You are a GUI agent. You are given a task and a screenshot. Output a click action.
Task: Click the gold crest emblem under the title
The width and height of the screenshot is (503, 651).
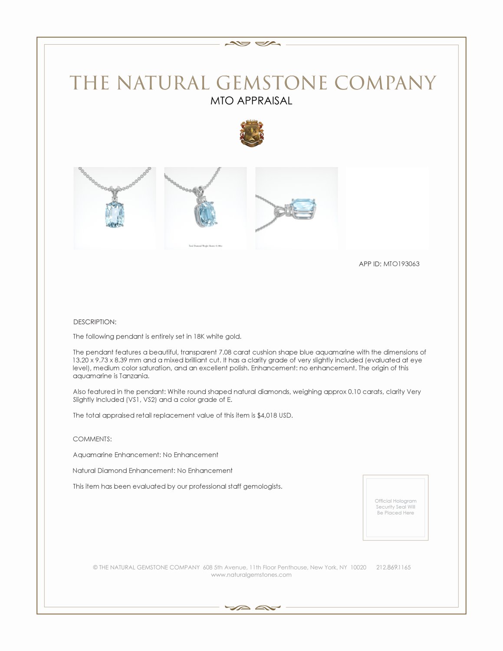(251, 133)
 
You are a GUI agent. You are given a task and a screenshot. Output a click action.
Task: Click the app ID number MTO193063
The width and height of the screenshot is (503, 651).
(401, 264)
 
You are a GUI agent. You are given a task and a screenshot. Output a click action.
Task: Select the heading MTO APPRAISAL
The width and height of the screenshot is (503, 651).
(251, 101)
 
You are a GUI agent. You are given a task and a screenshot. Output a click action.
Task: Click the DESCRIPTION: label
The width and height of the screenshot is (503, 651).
(95, 322)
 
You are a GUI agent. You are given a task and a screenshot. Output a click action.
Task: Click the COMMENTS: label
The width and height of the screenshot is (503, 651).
(92, 439)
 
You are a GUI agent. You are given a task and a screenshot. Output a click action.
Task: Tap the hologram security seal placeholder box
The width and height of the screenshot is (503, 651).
(395, 507)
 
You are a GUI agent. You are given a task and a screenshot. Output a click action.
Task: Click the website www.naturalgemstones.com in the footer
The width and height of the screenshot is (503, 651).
(251, 575)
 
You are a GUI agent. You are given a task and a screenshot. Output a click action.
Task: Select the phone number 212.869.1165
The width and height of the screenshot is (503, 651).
(393, 567)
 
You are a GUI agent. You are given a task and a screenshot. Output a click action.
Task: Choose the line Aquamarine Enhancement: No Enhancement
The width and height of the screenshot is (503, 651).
(145, 455)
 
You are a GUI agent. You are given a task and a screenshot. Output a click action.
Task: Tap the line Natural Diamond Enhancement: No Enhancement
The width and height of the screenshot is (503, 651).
(152, 470)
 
